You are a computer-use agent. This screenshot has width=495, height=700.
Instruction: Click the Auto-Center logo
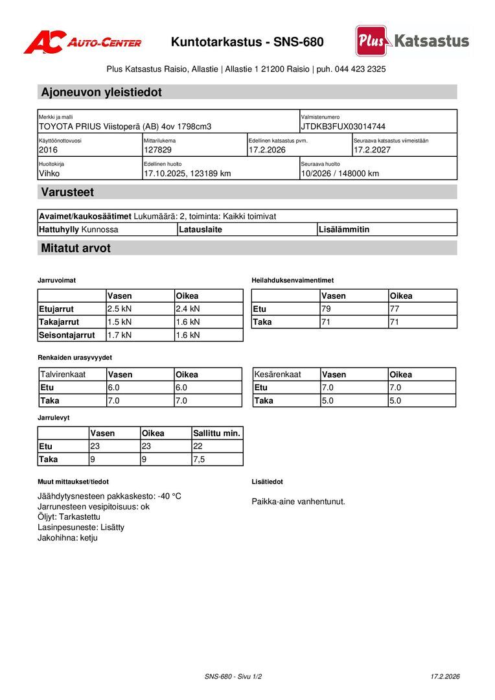coord(82,42)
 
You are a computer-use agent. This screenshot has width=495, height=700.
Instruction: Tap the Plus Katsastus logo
coord(412,41)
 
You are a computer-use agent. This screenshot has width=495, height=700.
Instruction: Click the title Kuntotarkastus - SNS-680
coord(247,42)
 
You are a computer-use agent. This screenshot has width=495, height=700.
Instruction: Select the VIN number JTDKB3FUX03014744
coord(343,126)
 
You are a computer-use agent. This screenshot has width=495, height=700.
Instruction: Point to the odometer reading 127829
coord(157,150)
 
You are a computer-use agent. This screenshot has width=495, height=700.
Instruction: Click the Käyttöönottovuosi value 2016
coord(48,150)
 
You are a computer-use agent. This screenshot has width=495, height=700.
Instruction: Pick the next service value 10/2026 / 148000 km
coord(340,173)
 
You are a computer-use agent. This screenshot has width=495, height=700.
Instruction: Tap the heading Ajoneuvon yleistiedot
coord(101,92)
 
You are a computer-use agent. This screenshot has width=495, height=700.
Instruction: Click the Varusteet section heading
coord(67,192)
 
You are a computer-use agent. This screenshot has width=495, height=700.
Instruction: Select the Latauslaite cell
coord(201,229)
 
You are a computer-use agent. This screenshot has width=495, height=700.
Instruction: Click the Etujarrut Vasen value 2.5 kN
coord(119,309)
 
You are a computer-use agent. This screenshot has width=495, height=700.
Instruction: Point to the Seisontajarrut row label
coord(67,335)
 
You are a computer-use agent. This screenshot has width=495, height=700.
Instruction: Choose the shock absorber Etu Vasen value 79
coord(326,309)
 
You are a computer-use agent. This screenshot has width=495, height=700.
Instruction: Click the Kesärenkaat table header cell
coord(277,375)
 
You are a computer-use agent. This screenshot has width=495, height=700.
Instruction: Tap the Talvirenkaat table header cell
coord(63,375)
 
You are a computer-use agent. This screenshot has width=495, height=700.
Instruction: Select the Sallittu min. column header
coord(216,433)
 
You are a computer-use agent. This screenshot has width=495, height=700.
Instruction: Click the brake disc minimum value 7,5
coord(200,459)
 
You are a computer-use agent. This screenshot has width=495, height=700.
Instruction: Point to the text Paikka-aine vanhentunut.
coord(298,501)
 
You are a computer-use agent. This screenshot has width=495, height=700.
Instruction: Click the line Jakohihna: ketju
coord(67,537)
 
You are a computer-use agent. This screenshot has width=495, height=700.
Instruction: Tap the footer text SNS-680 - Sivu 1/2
coord(233,677)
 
